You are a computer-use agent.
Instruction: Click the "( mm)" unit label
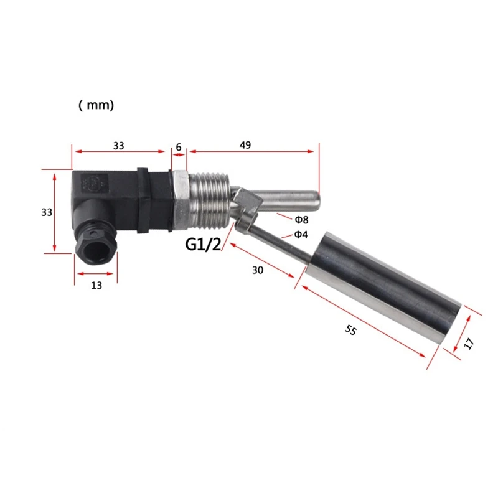click(x=96, y=106)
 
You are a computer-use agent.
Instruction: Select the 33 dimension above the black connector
click(x=119, y=146)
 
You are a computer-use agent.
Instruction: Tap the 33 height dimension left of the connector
click(x=46, y=212)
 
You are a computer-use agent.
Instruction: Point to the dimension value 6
click(x=179, y=146)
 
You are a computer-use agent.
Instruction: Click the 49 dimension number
click(x=245, y=145)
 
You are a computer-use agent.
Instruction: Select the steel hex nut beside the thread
click(x=179, y=198)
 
